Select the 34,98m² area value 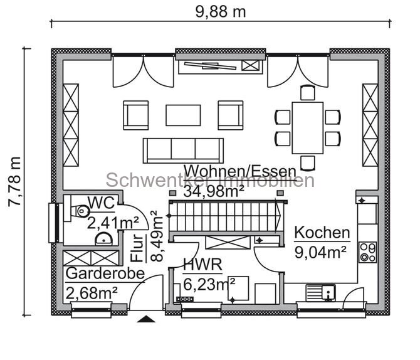tap(213, 192)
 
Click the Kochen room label tap(322, 233)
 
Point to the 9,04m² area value tap(322, 252)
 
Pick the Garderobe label tap(105, 273)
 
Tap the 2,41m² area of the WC tap(113, 222)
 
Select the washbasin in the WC tap(103, 238)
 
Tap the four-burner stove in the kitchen tap(367, 251)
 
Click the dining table tap(307, 127)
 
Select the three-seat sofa tap(183, 150)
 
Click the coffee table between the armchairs tap(183, 115)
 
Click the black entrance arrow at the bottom tap(146, 319)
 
